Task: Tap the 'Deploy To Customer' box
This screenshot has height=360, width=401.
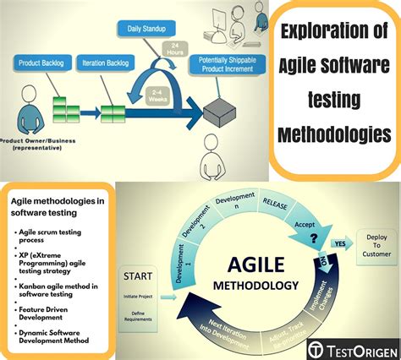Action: tap(377, 243)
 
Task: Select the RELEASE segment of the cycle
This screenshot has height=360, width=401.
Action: tap(281, 204)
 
